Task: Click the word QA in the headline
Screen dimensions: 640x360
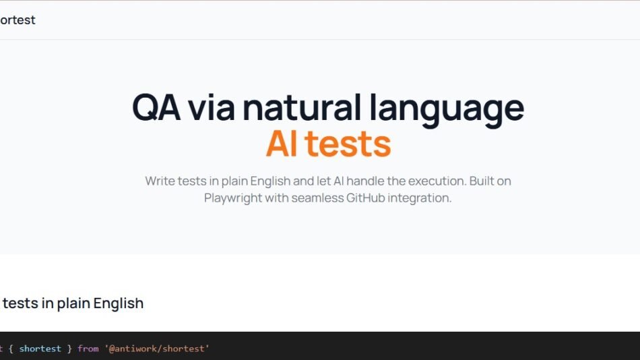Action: click(x=156, y=107)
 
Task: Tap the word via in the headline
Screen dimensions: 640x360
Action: click(x=211, y=107)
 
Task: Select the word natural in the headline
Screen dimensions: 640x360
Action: click(x=302, y=107)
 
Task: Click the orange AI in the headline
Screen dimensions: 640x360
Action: click(x=282, y=144)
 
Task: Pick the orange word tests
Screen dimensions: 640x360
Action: click(x=348, y=144)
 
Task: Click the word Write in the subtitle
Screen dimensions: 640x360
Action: click(x=160, y=181)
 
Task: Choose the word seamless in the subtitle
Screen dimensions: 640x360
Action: click(x=317, y=198)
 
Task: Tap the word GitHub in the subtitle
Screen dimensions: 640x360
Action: click(x=365, y=198)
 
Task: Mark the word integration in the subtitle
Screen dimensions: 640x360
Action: click(x=420, y=198)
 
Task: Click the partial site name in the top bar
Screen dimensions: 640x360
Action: click(x=18, y=20)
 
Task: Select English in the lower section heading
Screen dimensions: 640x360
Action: click(x=119, y=303)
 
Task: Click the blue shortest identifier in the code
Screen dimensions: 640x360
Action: click(x=40, y=349)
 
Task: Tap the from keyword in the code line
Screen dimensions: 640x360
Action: click(x=88, y=349)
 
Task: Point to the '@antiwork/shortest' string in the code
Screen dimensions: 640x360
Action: click(x=157, y=349)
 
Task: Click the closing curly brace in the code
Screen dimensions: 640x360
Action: click(x=69, y=349)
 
